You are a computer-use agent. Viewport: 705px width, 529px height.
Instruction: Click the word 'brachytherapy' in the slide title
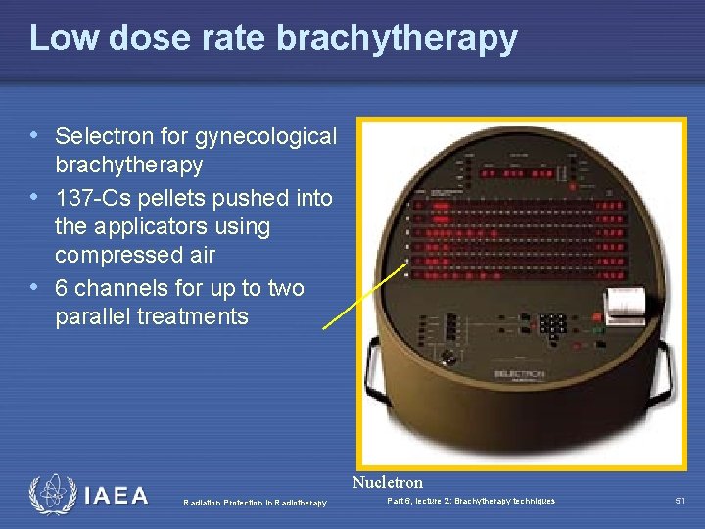tap(398, 38)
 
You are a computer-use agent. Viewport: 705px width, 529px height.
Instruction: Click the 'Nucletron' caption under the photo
tap(388, 482)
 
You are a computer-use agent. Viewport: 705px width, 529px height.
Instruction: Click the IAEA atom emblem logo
tap(51, 495)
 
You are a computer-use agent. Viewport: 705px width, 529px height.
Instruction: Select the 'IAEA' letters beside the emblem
tap(117, 496)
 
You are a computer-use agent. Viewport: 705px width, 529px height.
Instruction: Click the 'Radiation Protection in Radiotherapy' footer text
tap(255, 503)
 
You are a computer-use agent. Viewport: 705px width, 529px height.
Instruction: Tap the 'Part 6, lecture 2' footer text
tap(471, 501)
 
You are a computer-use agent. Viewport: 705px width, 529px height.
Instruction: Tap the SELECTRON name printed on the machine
tap(519, 373)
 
